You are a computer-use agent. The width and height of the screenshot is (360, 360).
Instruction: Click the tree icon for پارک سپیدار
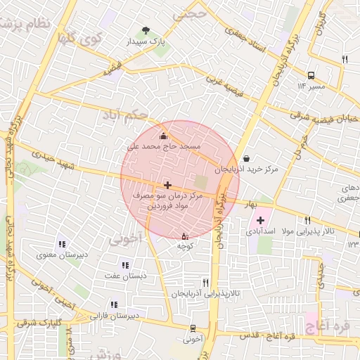[146, 30]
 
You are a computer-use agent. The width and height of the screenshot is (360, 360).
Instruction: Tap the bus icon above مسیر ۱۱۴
[311, 75]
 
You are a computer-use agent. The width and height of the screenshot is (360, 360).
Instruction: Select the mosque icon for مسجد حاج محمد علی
[164, 136]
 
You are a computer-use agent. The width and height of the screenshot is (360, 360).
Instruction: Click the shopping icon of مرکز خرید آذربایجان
[245, 158]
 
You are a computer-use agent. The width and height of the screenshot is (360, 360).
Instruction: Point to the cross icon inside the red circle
[167, 185]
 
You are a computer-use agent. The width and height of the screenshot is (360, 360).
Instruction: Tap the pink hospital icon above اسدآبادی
[260, 220]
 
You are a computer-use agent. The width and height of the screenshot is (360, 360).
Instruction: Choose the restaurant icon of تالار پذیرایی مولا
[308, 220]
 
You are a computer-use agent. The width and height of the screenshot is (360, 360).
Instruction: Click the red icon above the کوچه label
[185, 236]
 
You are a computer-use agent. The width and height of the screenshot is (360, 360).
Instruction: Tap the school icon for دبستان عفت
[125, 265]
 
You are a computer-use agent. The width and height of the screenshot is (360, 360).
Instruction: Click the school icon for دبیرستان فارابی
[113, 304]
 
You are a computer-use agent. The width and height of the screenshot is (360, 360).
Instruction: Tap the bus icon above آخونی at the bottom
[193, 328]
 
